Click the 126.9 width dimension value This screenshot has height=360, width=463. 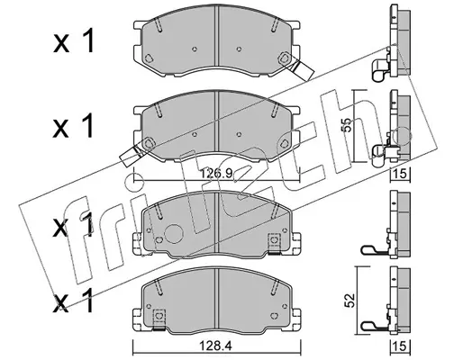(x=216, y=173)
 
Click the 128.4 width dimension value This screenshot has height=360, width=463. (x=216, y=346)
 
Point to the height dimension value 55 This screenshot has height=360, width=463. (x=346, y=124)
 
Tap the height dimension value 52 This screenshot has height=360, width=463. (x=350, y=301)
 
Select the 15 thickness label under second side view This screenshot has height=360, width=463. (x=401, y=174)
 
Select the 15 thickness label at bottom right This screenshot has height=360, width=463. (x=401, y=346)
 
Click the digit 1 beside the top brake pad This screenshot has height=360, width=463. (x=87, y=40)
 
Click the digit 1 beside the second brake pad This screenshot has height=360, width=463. (x=87, y=126)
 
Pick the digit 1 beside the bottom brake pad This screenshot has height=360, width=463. (x=87, y=301)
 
